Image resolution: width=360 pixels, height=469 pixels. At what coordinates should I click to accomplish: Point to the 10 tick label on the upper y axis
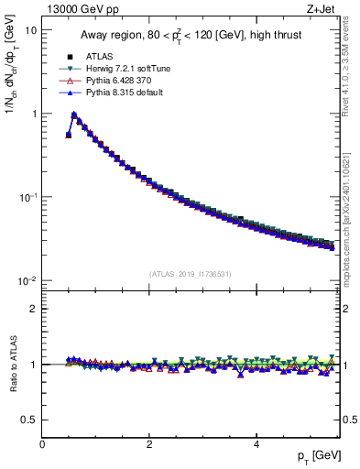30,30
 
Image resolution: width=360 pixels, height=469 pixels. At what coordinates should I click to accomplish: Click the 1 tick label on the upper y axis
34,114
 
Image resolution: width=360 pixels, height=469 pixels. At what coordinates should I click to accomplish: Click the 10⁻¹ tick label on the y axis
28,197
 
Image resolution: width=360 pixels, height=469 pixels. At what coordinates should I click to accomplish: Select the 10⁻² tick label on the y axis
28,280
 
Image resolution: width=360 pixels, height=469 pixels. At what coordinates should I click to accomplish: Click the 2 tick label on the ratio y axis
34,309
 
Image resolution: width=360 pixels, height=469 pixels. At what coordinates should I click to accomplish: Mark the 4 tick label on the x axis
256,445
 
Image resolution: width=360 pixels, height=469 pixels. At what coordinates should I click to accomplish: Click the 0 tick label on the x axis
43,445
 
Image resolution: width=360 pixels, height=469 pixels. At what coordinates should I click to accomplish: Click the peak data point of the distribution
74,115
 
